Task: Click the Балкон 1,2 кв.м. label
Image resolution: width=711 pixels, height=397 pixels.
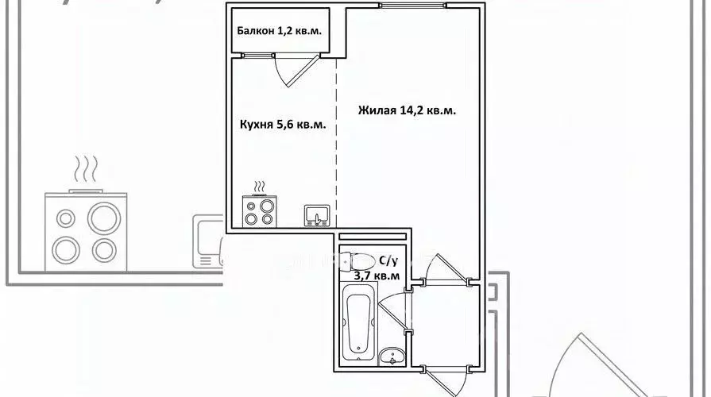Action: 280,31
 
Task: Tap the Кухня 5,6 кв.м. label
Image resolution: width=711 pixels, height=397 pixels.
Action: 283,125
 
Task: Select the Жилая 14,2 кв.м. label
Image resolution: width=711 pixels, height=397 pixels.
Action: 407,110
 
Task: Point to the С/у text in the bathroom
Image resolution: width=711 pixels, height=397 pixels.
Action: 388,260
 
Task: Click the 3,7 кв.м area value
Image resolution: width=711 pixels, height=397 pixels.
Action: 377,276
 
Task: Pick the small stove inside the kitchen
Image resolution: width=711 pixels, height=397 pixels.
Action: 259,210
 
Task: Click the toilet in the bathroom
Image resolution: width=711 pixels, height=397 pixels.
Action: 357,261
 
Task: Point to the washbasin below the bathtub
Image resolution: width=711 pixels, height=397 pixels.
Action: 392,357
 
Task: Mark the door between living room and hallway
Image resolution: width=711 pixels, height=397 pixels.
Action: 446,268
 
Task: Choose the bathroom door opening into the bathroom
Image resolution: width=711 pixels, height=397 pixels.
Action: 393,313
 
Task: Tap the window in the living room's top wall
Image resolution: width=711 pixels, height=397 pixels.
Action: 412,6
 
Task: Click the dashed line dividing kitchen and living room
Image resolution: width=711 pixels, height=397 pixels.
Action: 336,143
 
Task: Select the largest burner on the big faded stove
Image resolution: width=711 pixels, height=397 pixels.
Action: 104,218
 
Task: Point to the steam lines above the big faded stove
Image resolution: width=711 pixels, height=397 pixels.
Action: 86,169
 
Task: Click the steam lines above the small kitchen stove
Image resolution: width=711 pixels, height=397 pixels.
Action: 259,187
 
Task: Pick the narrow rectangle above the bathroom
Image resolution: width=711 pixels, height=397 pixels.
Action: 372,237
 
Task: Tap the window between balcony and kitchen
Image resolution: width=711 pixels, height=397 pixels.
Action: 257,56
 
